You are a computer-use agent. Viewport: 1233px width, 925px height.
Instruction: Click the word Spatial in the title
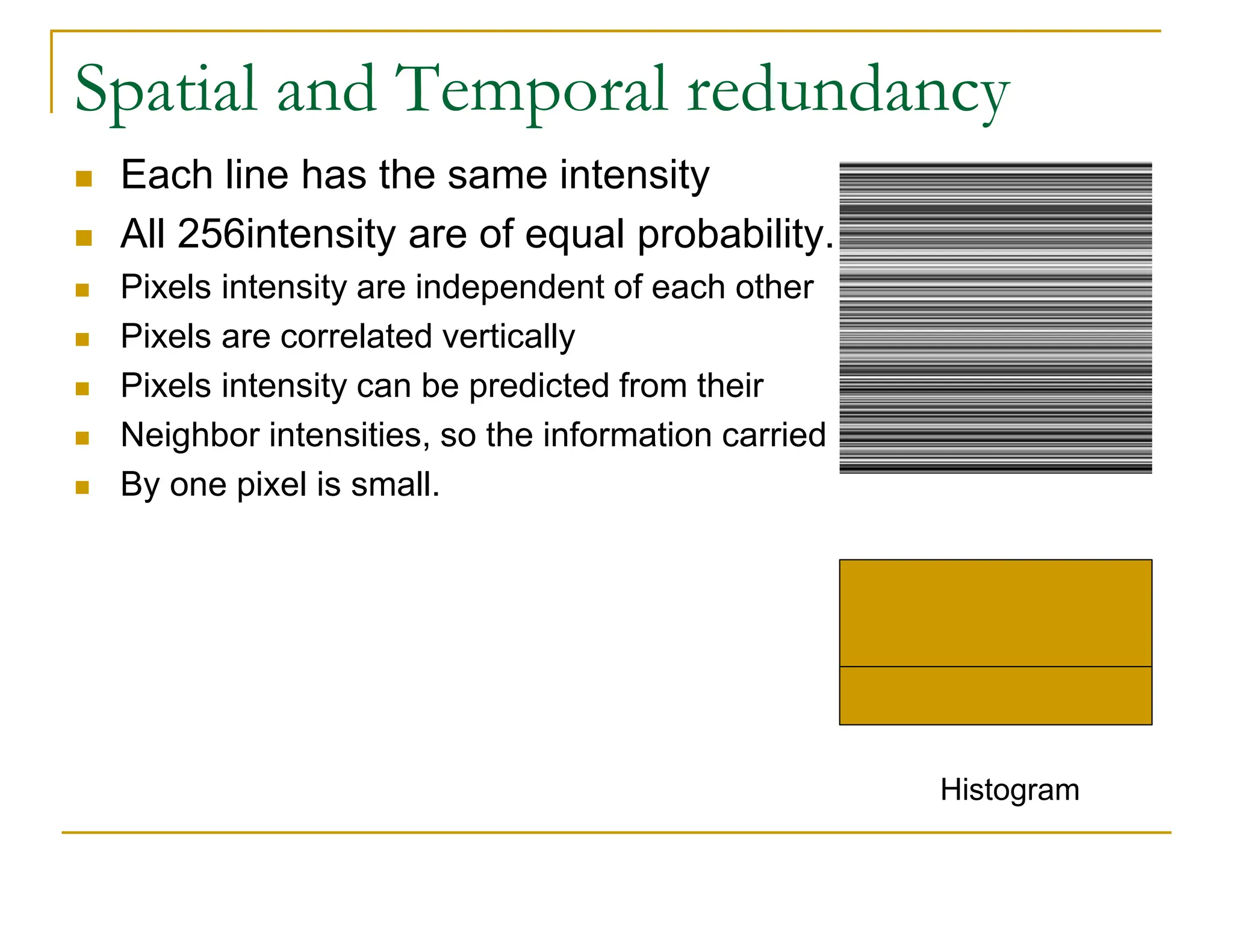click(x=166, y=90)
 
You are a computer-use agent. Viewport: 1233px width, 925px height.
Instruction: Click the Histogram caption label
click(x=1010, y=790)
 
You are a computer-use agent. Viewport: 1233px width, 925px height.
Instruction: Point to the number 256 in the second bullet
click(x=211, y=234)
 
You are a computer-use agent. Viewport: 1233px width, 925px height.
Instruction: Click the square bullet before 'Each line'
click(x=84, y=179)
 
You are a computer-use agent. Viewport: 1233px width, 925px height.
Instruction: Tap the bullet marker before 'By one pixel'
click(x=82, y=487)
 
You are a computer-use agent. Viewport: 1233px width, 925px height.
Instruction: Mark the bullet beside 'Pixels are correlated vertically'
click(x=82, y=339)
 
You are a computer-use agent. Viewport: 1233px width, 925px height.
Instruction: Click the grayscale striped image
click(x=995, y=317)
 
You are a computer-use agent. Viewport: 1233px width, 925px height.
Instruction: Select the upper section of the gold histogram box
click(x=995, y=612)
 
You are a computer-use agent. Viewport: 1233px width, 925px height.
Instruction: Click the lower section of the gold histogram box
click(x=995, y=696)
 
